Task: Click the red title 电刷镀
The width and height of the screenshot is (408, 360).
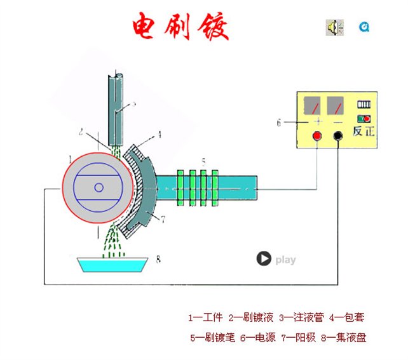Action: [x=180, y=27]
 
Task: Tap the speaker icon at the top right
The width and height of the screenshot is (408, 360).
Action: [x=334, y=27]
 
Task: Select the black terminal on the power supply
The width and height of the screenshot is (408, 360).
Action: [x=337, y=135]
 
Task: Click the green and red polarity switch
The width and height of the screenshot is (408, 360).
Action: [x=364, y=119]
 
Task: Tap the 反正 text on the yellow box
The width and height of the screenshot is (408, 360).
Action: [x=364, y=133]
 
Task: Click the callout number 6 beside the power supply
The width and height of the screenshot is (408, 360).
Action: [x=278, y=123]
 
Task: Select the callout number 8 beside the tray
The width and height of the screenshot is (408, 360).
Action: [x=158, y=259]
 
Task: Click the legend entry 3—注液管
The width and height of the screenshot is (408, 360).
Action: [x=301, y=317]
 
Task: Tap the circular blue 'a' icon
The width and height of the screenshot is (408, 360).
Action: [x=364, y=27]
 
